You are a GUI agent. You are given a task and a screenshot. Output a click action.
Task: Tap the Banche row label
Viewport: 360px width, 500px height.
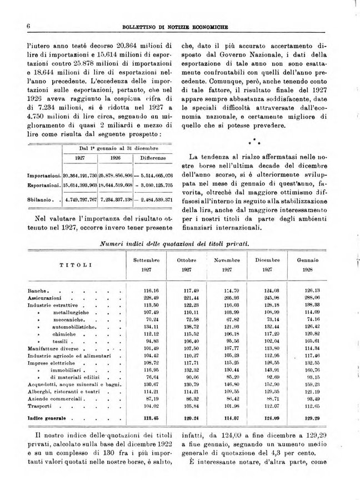pyautogui.click(x=38, y=290)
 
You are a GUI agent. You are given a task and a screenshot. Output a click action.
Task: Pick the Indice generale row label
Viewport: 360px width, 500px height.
pyautogui.click(x=47, y=418)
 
